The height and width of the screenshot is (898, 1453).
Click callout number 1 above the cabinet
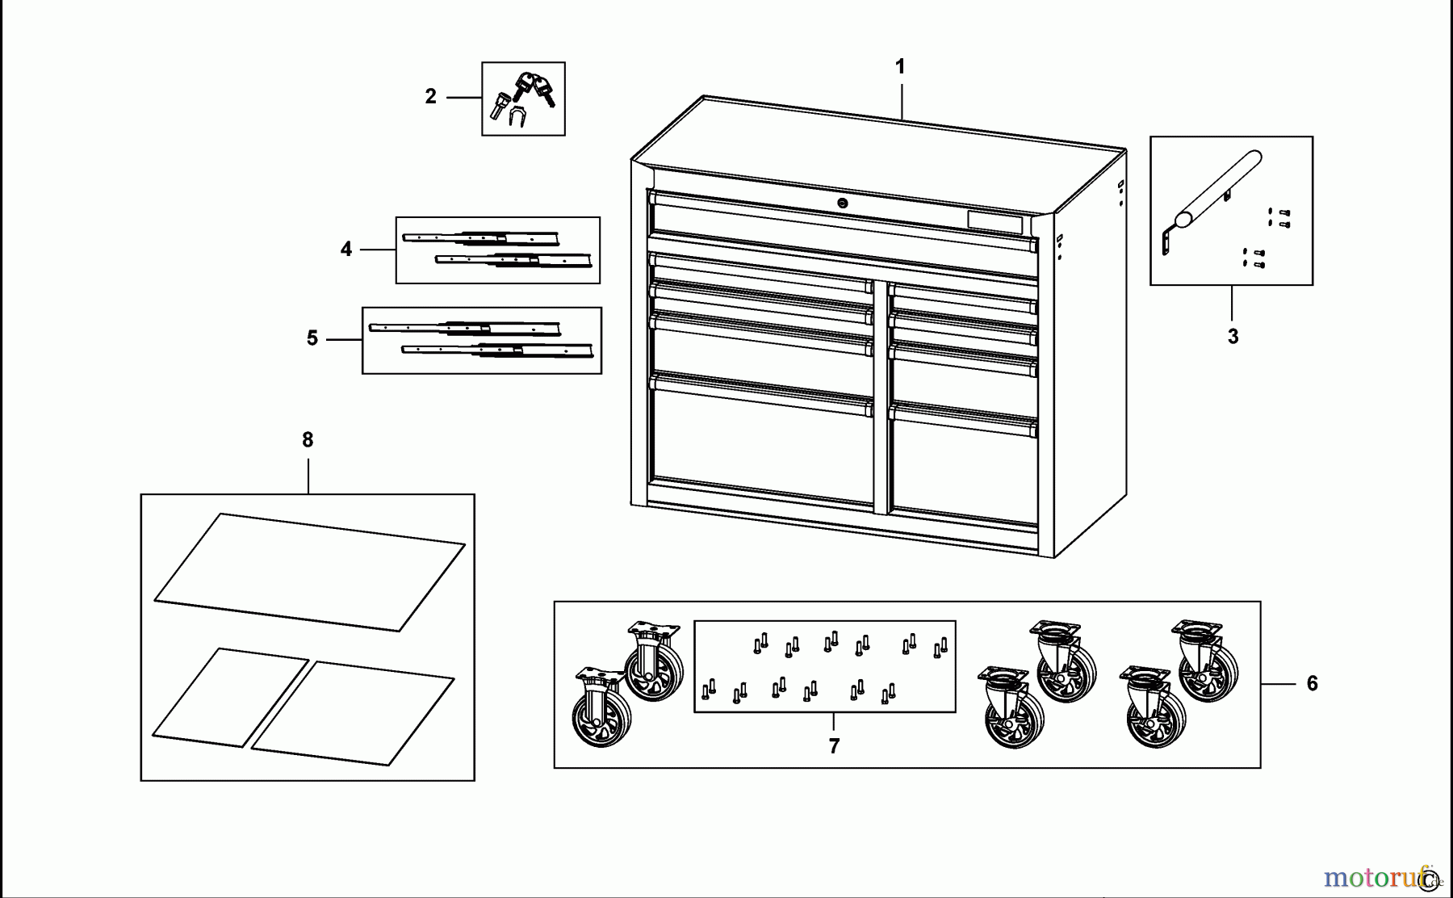pyautogui.click(x=900, y=67)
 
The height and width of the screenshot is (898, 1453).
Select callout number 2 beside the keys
pyautogui.click(x=430, y=97)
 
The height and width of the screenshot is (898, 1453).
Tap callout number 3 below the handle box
pyautogui.click(x=1233, y=337)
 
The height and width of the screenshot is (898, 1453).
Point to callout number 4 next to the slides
pyautogui.click(x=346, y=250)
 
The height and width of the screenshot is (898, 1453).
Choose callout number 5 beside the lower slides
pyautogui.click(x=312, y=338)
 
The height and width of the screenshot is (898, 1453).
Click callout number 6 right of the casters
pyautogui.click(x=1312, y=684)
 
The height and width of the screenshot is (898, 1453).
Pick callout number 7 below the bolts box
pyautogui.click(x=834, y=746)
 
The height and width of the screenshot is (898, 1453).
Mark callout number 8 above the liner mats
pyautogui.click(x=308, y=440)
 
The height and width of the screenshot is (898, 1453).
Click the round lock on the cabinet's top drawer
pyautogui.click(x=843, y=204)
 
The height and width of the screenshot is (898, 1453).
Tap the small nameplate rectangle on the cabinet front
pyautogui.click(x=994, y=221)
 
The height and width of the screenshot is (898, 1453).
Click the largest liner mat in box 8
pyautogui.click(x=309, y=572)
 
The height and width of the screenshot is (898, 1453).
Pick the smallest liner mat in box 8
pyautogui.click(x=230, y=697)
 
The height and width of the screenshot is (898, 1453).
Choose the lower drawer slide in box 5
pyautogui.click(x=497, y=350)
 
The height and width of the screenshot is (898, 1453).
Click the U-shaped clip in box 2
pyautogui.click(x=517, y=118)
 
